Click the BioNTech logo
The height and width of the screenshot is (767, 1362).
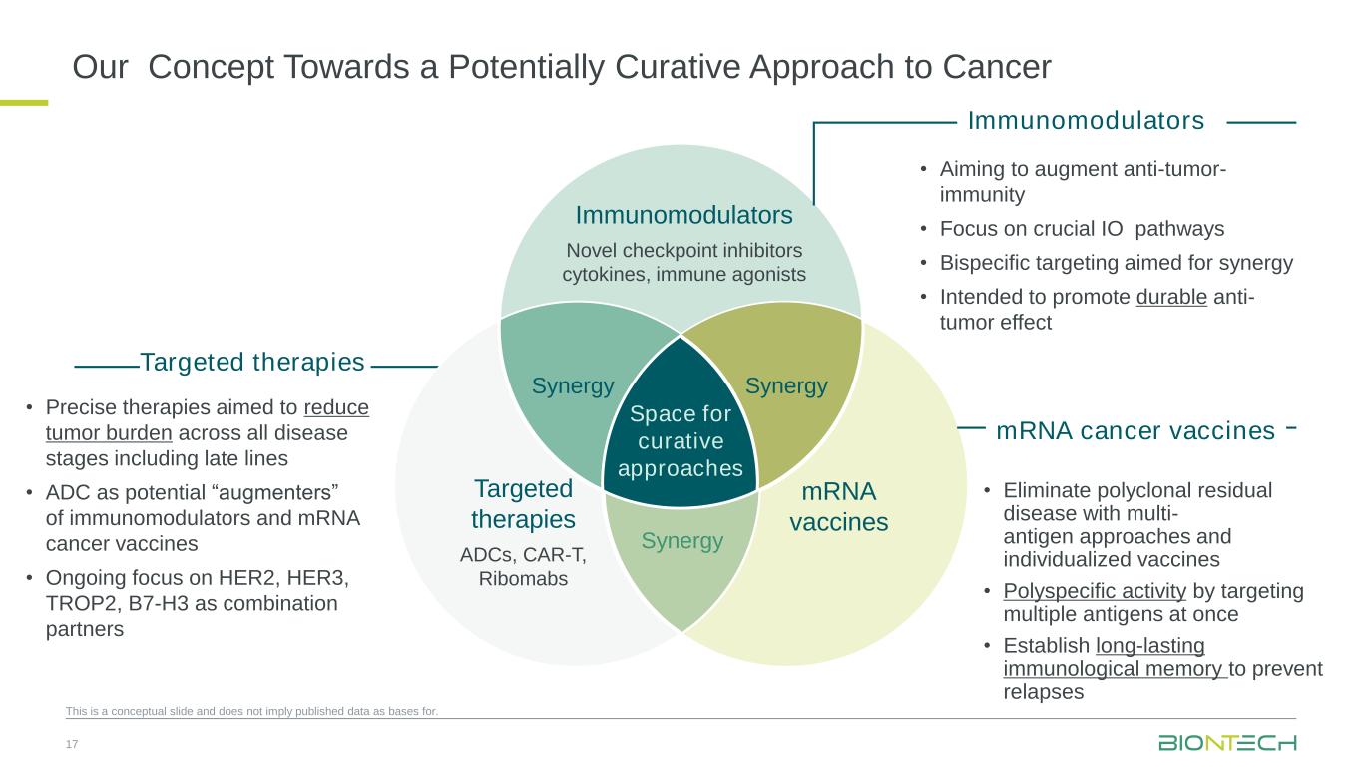[x=1227, y=743]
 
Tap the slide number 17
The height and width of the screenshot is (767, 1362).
[x=71, y=744]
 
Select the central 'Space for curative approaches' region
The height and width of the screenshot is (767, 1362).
[x=681, y=441]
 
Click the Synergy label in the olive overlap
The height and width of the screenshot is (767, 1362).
[x=786, y=386]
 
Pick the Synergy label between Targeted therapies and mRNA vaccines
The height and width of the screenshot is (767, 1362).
[x=682, y=541]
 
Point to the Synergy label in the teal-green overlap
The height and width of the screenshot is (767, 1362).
[x=572, y=386]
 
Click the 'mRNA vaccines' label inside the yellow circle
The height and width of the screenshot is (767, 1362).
[x=838, y=506]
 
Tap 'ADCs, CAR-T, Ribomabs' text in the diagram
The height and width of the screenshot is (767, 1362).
[x=523, y=567]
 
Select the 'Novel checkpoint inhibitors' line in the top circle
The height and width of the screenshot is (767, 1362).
[x=683, y=249]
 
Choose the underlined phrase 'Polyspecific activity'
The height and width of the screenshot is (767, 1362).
[x=1095, y=591]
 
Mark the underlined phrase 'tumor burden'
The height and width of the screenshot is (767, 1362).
[x=109, y=432]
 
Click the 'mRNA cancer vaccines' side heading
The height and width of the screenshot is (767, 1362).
[x=1135, y=431]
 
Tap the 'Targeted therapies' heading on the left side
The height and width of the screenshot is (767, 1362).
[x=252, y=362]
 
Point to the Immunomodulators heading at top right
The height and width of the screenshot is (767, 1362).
[x=1086, y=121]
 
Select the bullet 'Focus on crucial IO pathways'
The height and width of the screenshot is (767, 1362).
[x=1082, y=229]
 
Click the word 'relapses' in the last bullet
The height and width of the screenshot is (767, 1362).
[x=1043, y=691]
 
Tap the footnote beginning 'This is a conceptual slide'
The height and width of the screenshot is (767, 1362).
[x=251, y=712]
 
